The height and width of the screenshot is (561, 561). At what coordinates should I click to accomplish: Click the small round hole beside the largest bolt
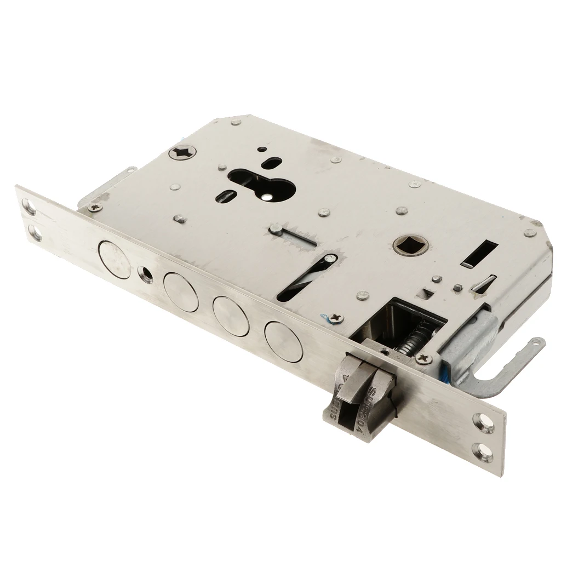tap(146, 274)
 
